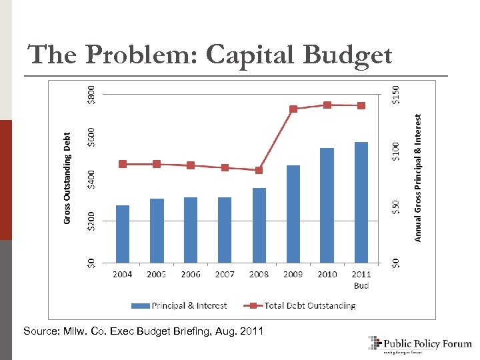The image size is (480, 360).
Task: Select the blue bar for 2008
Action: click(259, 225)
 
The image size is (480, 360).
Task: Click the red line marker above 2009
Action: click(293, 109)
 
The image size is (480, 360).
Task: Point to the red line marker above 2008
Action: click(259, 170)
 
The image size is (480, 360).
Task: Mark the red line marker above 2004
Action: click(123, 164)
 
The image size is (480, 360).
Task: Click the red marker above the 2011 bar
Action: click(361, 105)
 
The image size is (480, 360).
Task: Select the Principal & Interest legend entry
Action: click(180, 305)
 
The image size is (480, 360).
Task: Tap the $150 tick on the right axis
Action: click(396, 91)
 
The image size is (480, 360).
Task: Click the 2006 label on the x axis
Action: click(191, 274)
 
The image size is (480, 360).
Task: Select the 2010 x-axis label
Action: click(327, 274)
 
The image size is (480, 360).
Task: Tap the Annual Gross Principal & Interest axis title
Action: click(418, 177)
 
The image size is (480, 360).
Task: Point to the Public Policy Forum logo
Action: click(420, 344)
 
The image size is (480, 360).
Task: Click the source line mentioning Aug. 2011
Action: click(143, 331)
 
